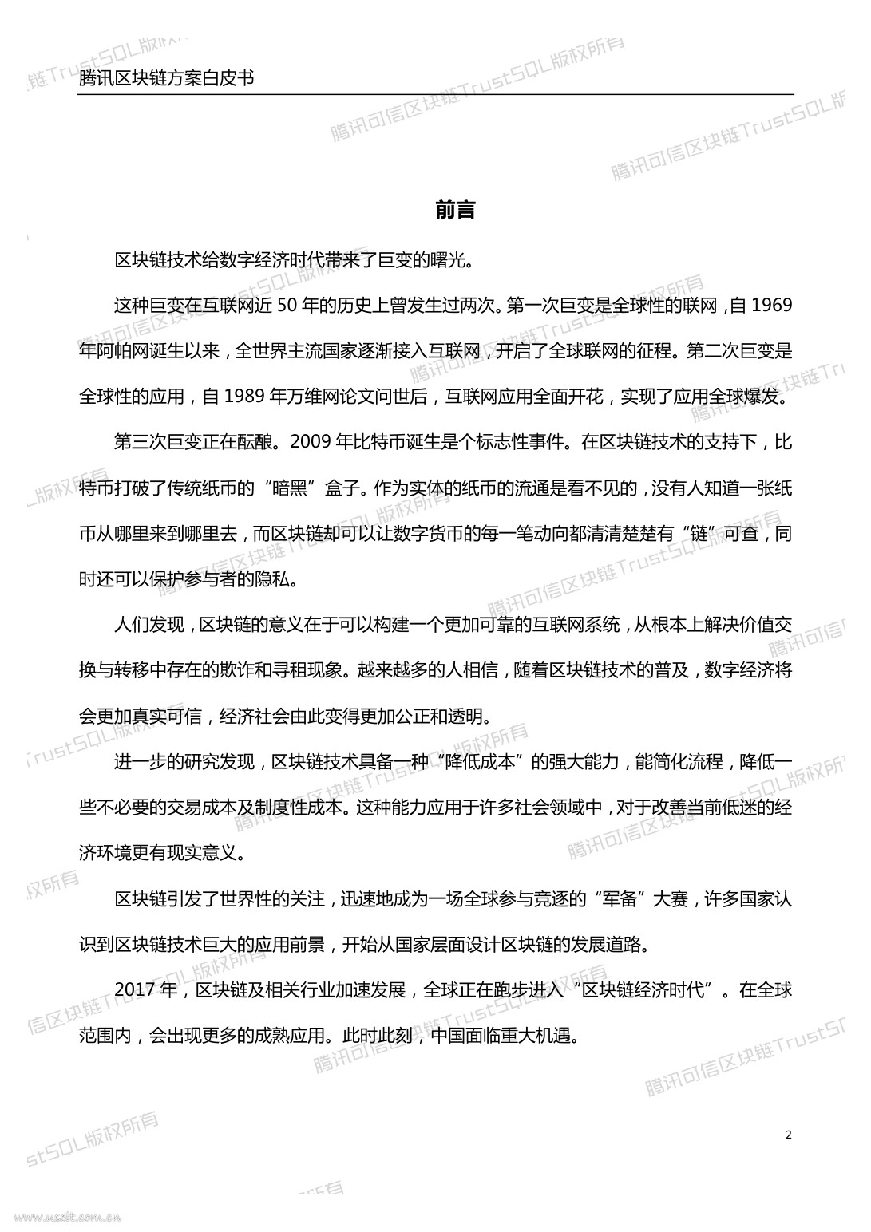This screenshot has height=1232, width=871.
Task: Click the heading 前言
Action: tap(456, 210)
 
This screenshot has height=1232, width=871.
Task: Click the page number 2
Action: tap(789, 1135)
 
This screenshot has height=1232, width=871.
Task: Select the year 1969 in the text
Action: tap(772, 305)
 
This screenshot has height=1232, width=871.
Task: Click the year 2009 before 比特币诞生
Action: tap(311, 442)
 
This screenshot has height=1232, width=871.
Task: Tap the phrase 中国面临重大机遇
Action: tap(502, 1037)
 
